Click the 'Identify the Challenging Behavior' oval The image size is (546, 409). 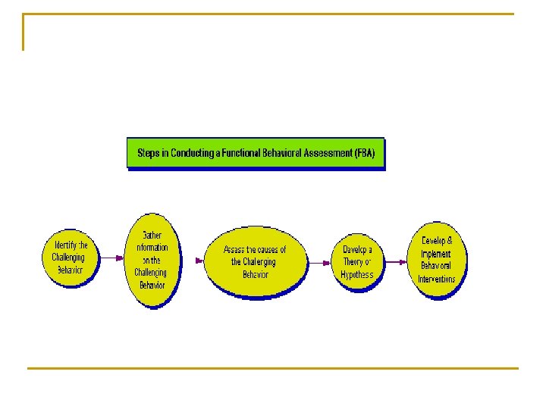pos(70,258)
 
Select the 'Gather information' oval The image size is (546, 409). pos(151,260)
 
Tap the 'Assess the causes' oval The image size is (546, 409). pos(255,261)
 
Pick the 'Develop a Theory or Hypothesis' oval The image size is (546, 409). pos(357,262)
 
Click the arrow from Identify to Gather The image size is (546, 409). pos(110,258)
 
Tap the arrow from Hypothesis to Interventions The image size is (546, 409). pos(395,261)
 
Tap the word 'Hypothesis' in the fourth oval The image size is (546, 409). pos(357,275)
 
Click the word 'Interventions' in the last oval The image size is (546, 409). pos(437,279)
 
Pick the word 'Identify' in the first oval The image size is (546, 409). pos(62,245)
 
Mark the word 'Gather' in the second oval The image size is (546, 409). pos(152,235)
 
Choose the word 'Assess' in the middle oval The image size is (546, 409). pos(235,250)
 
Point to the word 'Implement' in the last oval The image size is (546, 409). pos(436,254)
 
